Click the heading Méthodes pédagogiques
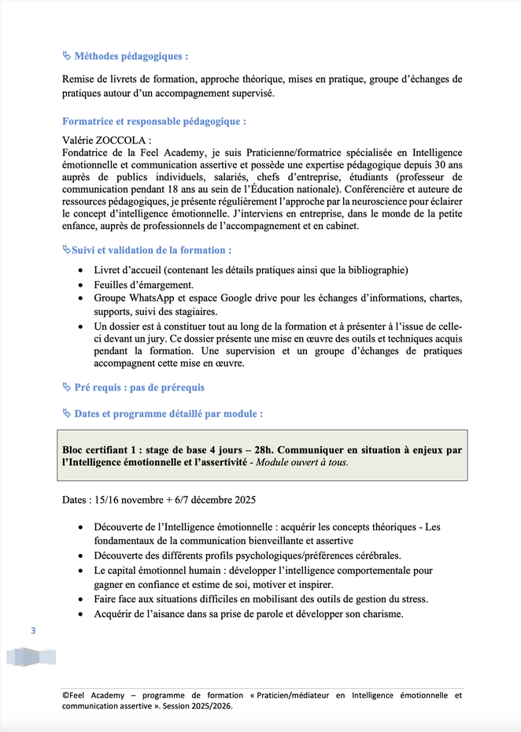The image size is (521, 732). [x=131, y=57]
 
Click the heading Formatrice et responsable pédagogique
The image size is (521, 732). [x=154, y=121]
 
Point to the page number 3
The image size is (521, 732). [x=33, y=630]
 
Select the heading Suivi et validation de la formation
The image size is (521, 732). [x=151, y=250]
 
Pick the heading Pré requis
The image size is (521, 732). [x=95, y=387]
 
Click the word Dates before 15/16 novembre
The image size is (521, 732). [x=75, y=500]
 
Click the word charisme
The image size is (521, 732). [x=381, y=614]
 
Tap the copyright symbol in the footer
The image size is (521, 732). [x=65, y=696]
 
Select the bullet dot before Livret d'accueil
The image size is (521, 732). [x=84, y=270]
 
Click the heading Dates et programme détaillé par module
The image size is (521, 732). [x=168, y=413]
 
